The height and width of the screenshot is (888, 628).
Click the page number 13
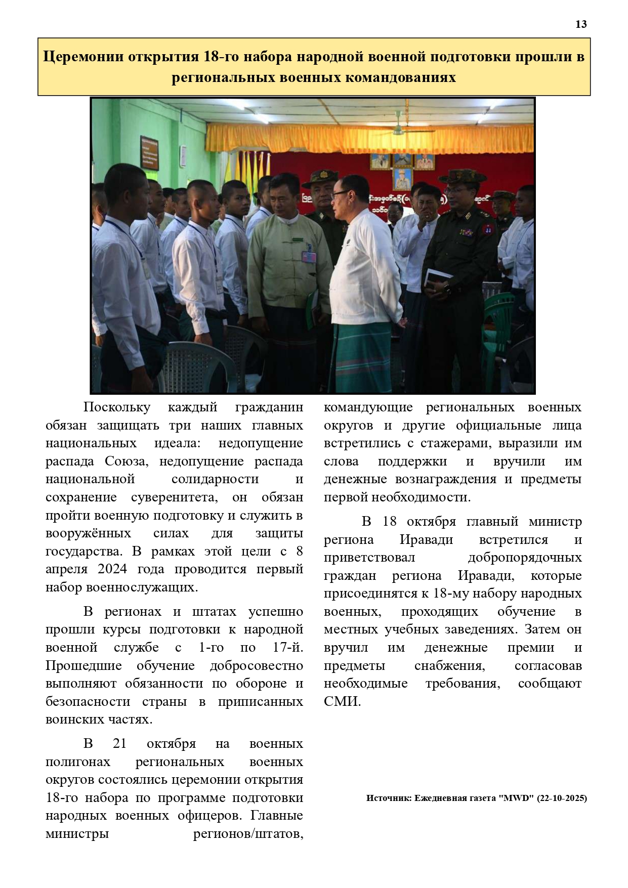[581, 24]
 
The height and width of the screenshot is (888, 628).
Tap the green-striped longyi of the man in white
[362, 357]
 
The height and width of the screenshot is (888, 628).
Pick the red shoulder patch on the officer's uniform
[487, 228]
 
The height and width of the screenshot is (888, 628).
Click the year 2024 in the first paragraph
[112, 569]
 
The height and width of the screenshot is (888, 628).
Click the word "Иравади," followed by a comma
[486, 576]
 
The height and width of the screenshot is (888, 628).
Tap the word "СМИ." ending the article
[342, 702]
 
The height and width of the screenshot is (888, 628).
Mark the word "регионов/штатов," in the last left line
[248, 834]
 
